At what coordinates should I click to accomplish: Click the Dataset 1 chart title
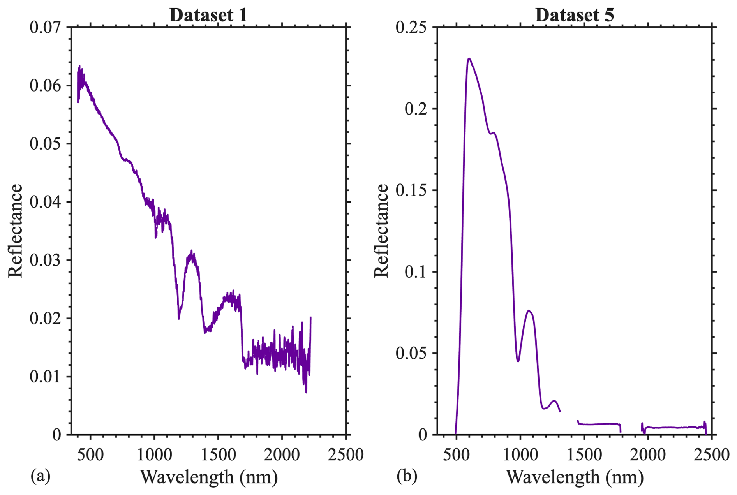[x=208, y=15]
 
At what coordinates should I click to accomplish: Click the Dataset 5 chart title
[x=575, y=15]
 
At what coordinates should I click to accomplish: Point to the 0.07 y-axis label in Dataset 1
[x=46, y=28]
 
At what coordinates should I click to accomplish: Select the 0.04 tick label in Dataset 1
[x=46, y=202]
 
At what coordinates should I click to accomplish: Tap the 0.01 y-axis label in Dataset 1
[x=46, y=377]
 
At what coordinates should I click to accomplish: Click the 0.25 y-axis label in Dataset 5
[x=411, y=28]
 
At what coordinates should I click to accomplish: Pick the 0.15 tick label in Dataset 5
[x=411, y=190]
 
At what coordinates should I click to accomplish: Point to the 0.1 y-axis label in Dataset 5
[x=416, y=272]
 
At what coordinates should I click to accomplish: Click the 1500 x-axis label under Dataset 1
[x=218, y=454]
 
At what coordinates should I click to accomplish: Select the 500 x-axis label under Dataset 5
[x=456, y=454]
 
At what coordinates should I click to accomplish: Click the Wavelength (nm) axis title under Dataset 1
[x=209, y=477]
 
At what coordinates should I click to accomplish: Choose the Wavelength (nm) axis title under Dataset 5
[x=575, y=477]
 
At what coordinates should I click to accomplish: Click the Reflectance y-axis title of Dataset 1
[x=16, y=231]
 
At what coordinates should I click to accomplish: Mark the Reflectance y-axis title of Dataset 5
[x=382, y=231]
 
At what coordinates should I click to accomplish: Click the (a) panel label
[x=41, y=476]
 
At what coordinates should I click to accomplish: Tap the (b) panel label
[x=407, y=476]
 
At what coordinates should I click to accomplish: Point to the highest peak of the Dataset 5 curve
[x=469, y=58]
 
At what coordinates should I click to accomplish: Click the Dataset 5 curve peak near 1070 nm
[x=529, y=310]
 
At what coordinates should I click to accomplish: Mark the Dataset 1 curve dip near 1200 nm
[x=179, y=319]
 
